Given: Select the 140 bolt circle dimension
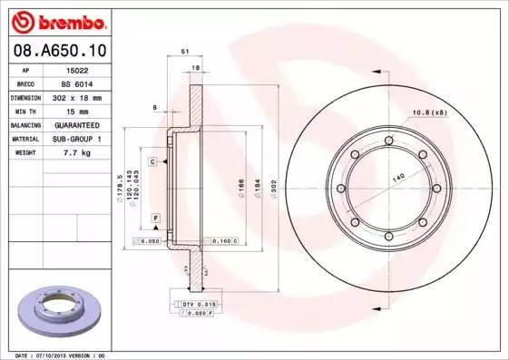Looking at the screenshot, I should (x=398, y=180).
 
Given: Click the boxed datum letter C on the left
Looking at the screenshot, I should (x=153, y=161).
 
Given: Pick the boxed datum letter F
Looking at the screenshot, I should (x=156, y=219).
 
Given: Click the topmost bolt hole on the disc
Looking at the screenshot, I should (x=388, y=141).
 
